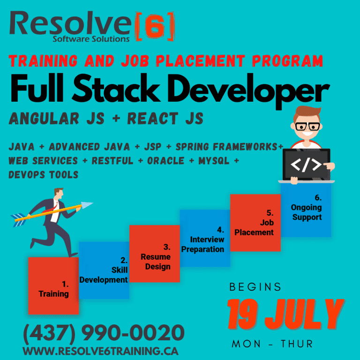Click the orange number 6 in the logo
[154, 27]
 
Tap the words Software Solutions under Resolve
[91, 39]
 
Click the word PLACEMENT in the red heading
[200, 61]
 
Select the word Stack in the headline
[116, 89]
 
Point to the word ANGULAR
[44, 119]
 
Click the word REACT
[153, 119]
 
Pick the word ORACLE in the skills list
[166, 161]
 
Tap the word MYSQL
[214, 161]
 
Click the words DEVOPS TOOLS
[44, 175]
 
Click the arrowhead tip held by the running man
[93, 202]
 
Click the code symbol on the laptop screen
[306, 165]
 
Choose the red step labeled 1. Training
[53, 285]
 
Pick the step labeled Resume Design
[155, 254]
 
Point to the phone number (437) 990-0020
[104, 333]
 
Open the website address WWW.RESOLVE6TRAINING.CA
[101, 351]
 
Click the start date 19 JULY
[286, 314]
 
